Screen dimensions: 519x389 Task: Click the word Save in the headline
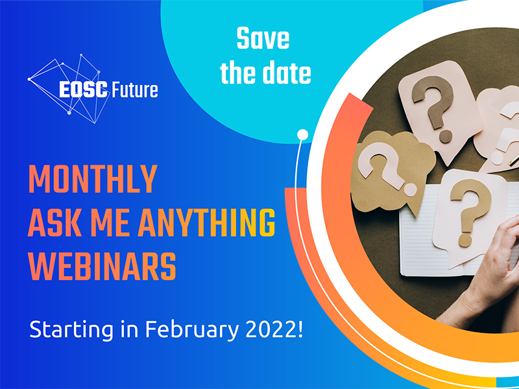pos(263,38)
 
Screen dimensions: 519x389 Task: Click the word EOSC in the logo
pos(84,89)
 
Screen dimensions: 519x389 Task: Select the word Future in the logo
pos(135,89)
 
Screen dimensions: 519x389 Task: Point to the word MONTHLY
pos(93,179)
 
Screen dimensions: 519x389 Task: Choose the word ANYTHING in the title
pos(206,222)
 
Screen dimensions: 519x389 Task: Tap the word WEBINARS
pos(102,266)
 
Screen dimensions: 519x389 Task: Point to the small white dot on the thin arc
pos(302,135)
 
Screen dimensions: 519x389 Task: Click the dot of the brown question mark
pos(446,136)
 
